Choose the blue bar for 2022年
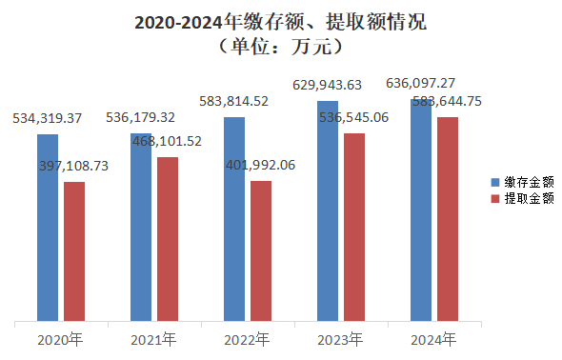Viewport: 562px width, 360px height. pyautogui.click(x=234, y=219)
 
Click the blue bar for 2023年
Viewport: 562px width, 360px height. pyautogui.click(x=328, y=210)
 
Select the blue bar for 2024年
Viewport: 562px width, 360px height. pyautogui.click(x=421, y=210)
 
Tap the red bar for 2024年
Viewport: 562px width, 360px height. pyautogui.click(x=448, y=219)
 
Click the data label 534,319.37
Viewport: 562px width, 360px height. pyautogui.click(x=48, y=119)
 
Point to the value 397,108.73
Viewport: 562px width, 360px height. pyautogui.click(x=74, y=166)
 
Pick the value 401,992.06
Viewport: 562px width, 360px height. pyautogui.click(x=261, y=165)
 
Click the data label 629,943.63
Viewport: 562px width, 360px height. pyautogui.click(x=328, y=85)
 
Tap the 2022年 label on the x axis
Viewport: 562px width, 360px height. pyautogui.click(x=248, y=339)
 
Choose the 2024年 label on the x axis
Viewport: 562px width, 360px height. pyautogui.click(x=434, y=339)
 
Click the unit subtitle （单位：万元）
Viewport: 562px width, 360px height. pyautogui.click(x=280, y=45)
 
